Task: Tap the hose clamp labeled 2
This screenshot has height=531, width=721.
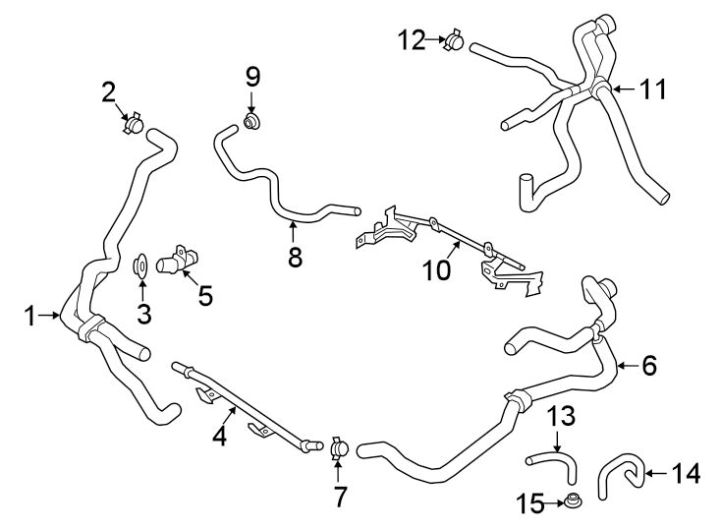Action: [x=134, y=125]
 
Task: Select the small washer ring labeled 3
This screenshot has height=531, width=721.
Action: [x=141, y=265]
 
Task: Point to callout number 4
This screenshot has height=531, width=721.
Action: [x=220, y=436]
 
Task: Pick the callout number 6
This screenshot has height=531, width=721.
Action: [x=648, y=366]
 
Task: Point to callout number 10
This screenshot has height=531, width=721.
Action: [x=435, y=268]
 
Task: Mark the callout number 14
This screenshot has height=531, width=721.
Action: [x=685, y=473]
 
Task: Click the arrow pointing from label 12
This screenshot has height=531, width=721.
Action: [x=435, y=40]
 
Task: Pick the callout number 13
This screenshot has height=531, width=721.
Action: [x=558, y=416]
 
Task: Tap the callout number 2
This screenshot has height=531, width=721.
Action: [x=109, y=92]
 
